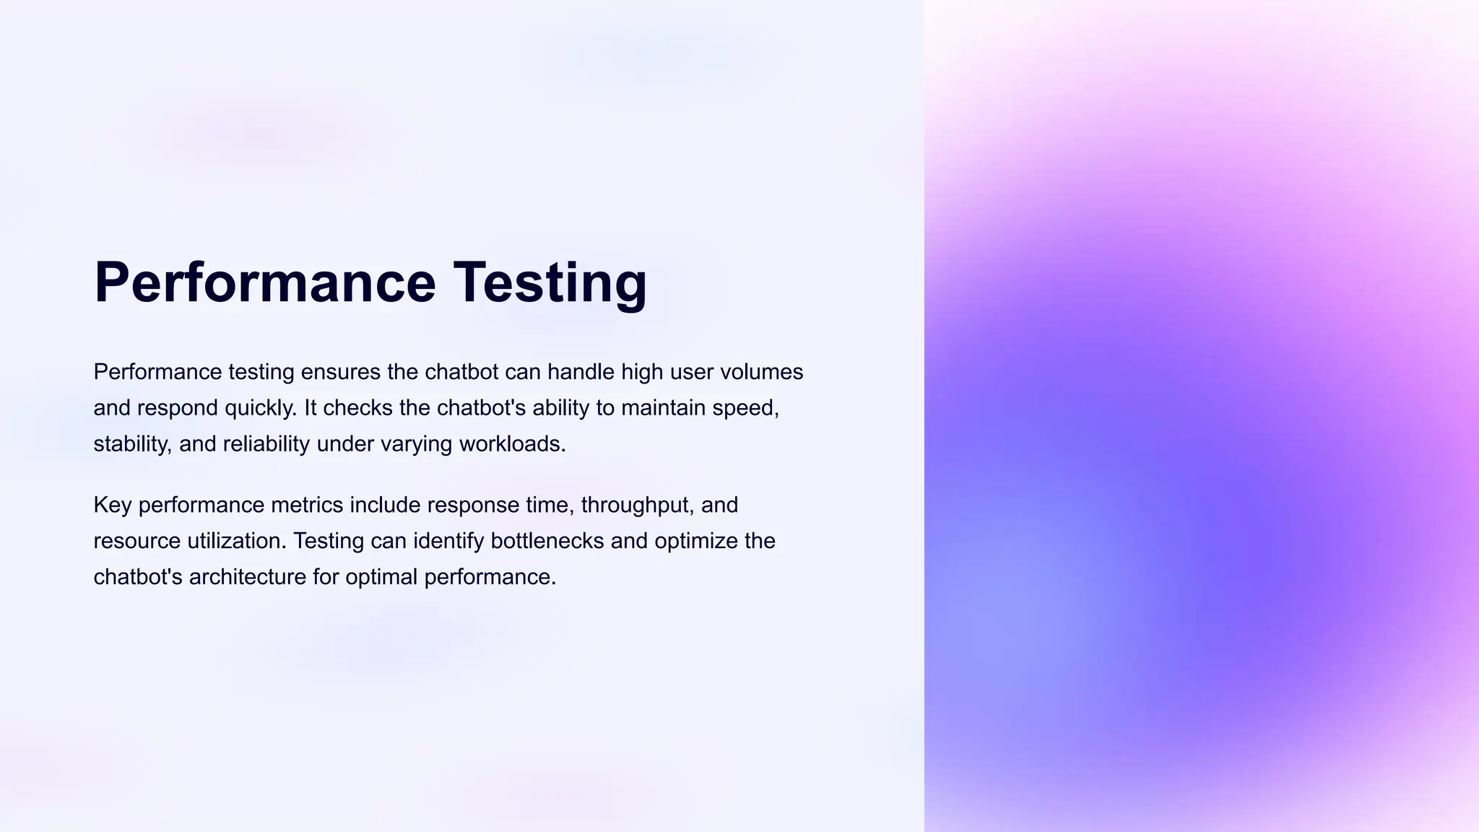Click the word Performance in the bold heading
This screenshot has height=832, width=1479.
click(x=264, y=282)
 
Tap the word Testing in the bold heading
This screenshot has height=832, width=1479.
click(x=550, y=282)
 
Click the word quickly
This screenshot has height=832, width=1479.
click(x=260, y=408)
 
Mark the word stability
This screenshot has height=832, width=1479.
click(x=133, y=443)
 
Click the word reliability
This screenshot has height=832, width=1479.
click(x=266, y=443)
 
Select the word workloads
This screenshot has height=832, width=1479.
click(x=512, y=443)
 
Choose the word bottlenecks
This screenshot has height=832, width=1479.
click(x=547, y=541)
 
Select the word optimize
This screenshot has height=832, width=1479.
click(x=696, y=541)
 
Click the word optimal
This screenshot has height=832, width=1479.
click(x=381, y=577)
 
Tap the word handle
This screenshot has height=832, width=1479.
click(x=581, y=372)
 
